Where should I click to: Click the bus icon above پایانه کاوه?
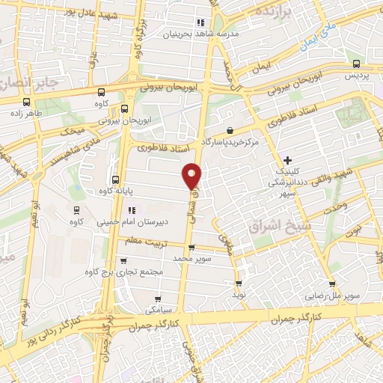[114, 180]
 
